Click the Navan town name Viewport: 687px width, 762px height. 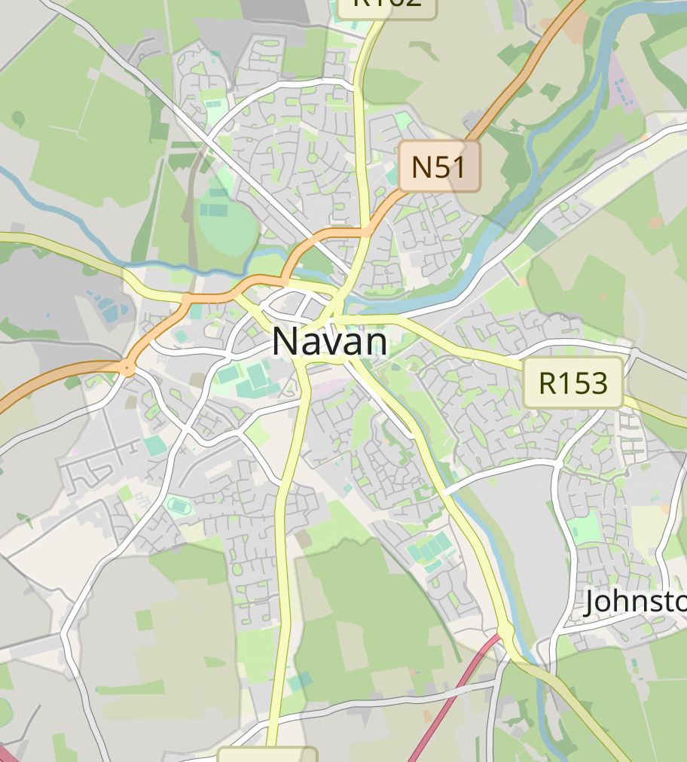[x=330, y=342]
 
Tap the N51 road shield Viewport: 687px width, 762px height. [x=439, y=166]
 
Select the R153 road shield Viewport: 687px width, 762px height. [x=573, y=383]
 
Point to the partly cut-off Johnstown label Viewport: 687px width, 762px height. [x=635, y=602]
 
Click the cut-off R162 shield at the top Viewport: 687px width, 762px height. [x=386, y=5]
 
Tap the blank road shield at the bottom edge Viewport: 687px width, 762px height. [x=267, y=754]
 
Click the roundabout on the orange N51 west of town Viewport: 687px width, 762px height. [x=129, y=367]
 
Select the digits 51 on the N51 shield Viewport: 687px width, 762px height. [x=452, y=166]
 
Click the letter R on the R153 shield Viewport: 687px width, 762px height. [x=548, y=383]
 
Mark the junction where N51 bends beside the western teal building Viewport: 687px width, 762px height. [x=187, y=298]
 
